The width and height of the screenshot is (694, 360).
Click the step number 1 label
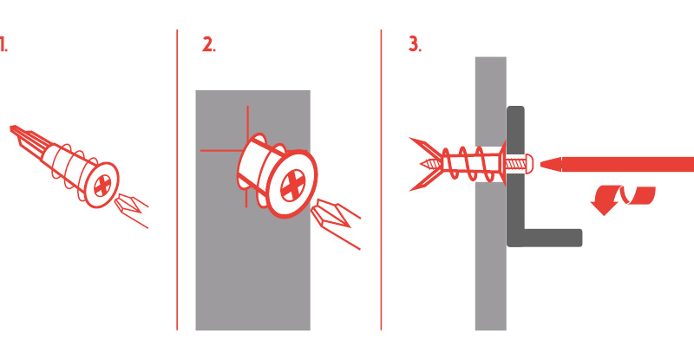[3, 45]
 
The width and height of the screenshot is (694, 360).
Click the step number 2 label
[209, 45]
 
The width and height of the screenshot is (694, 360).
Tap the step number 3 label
[415, 45]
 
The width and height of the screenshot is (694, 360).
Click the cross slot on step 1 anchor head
[102, 185]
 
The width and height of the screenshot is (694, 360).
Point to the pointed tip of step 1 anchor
[12, 128]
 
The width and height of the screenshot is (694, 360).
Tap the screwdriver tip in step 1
[118, 202]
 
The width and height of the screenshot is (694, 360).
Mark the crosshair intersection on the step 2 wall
[247, 151]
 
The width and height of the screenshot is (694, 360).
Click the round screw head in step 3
[529, 164]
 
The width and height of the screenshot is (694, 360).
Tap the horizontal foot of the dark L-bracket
[553, 238]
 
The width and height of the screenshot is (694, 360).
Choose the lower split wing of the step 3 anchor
[425, 181]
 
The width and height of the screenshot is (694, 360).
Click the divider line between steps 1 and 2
[177, 180]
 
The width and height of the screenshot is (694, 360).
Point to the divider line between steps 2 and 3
[381, 180]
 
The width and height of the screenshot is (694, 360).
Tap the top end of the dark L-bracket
[515, 108]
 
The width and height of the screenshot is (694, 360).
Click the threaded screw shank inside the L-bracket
[514, 164]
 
